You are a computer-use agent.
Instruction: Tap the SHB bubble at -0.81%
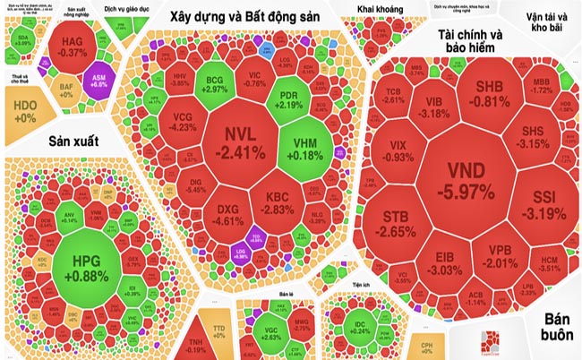[x=489, y=94]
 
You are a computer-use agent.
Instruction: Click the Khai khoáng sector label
[x=379, y=10]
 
